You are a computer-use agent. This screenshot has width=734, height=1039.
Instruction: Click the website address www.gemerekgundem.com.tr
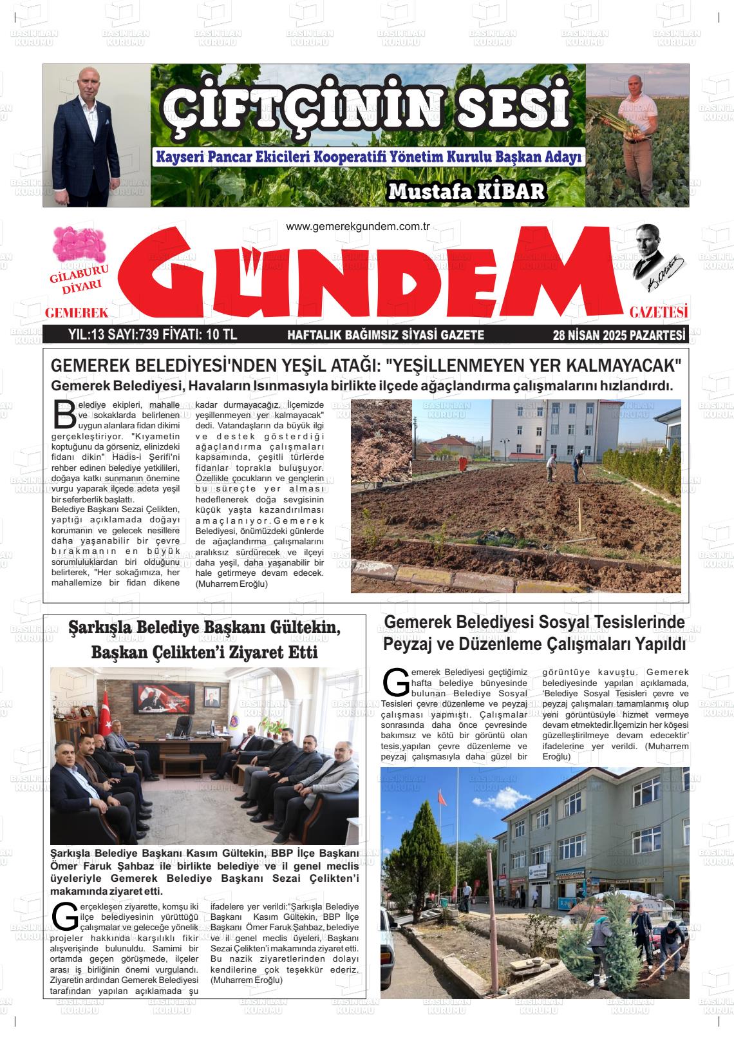(x=357, y=226)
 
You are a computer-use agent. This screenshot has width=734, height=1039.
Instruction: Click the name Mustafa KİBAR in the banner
(x=466, y=190)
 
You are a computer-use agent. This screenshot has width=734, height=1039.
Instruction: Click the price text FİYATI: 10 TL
(x=200, y=335)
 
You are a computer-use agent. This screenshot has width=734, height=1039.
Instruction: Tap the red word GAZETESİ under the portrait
(x=659, y=313)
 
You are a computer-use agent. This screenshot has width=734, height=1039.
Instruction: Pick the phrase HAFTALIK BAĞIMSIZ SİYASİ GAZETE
(x=385, y=335)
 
